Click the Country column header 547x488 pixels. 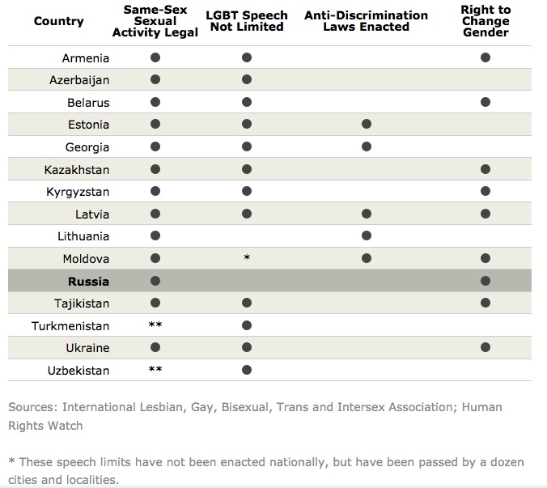click(x=59, y=21)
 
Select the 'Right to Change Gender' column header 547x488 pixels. click(x=486, y=21)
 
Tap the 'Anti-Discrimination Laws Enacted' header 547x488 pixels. click(x=366, y=21)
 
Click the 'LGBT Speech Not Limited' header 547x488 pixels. click(x=247, y=21)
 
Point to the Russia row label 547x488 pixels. click(x=89, y=281)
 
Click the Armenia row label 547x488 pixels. click(x=86, y=58)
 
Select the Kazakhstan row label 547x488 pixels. click(x=77, y=170)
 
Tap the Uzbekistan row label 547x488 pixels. click(x=78, y=371)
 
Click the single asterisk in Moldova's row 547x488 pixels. click(x=247, y=257)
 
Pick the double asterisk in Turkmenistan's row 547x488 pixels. click(x=155, y=325)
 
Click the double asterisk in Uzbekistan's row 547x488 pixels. click(x=155, y=369)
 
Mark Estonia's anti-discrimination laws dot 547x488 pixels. click(x=367, y=124)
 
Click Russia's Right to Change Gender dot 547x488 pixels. click(x=486, y=281)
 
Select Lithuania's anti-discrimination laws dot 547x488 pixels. click(x=367, y=236)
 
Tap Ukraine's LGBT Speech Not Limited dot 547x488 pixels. click(x=247, y=347)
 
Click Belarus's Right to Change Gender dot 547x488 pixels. click(x=486, y=102)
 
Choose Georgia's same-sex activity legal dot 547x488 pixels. click(x=155, y=146)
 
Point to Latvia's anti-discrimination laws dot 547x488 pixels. click(x=367, y=214)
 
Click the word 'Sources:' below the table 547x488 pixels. click(x=32, y=407)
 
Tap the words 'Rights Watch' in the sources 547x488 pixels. click(x=45, y=426)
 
